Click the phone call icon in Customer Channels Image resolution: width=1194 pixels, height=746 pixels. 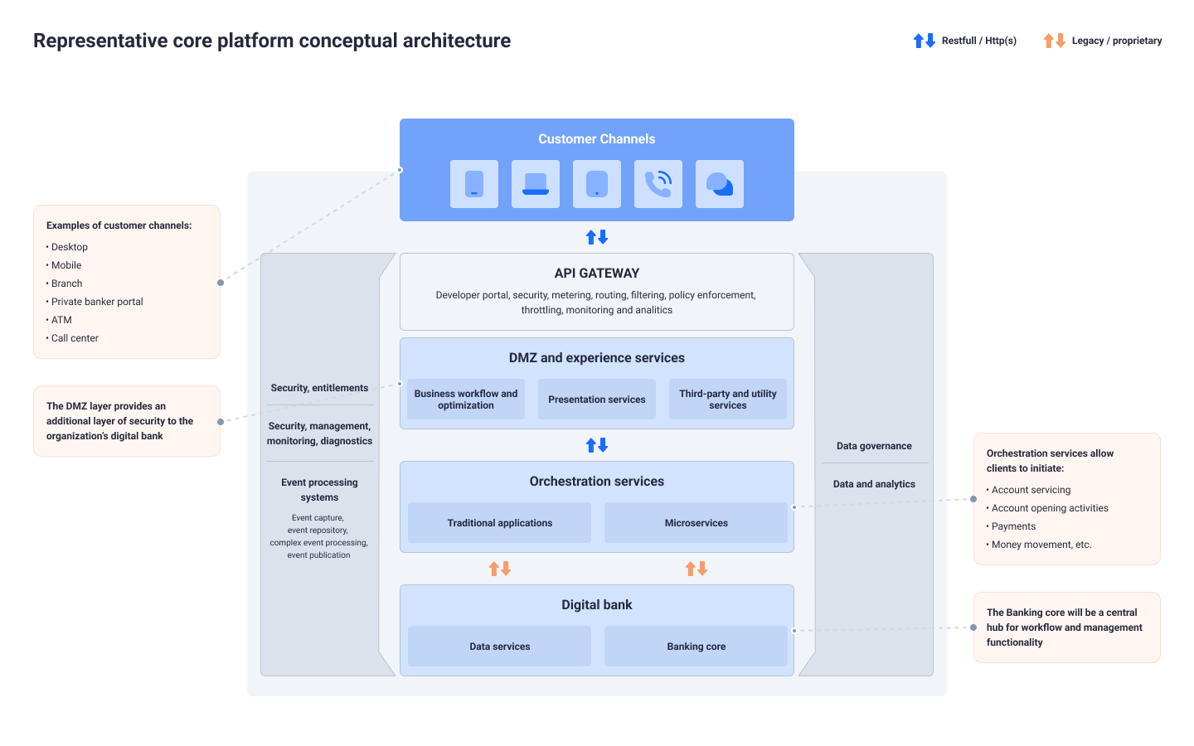(x=658, y=184)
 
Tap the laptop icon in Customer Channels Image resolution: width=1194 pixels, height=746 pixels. (x=536, y=184)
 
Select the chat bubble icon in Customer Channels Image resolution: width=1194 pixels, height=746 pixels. (x=720, y=184)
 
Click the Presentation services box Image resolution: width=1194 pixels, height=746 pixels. (x=597, y=400)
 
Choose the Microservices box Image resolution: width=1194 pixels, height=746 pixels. (x=696, y=523)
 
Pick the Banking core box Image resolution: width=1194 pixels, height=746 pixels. (x=696, y=647)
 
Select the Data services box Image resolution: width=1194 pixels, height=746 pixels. (x=499, y=647)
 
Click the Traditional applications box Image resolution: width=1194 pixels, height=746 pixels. (x=499, y=523)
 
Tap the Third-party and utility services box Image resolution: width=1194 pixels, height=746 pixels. (x=728, y=400)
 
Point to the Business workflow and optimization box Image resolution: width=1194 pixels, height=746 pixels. (x=466, y=400)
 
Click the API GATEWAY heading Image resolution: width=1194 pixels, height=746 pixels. (x=597, y=274)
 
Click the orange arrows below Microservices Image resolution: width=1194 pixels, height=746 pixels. (x=696, y=569)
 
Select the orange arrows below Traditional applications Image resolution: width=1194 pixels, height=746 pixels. (x=500, y=569)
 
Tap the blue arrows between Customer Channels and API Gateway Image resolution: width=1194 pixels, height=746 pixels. (x=597, y=237)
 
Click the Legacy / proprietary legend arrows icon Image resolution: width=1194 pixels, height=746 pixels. (x=1055, y=41)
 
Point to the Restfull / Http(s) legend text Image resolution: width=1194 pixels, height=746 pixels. (x=979, y=41)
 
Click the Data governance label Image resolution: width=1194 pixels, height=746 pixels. (x=874, y=446)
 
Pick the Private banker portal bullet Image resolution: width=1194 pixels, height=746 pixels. (x=97, y=302)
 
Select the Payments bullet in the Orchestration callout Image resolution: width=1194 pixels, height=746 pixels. (x=1013, y=526)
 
